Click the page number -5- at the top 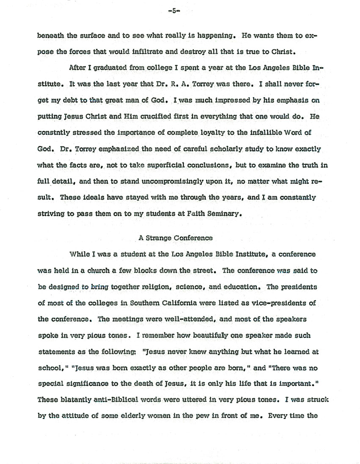tap(173, 12)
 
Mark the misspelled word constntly tap(55, 132)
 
